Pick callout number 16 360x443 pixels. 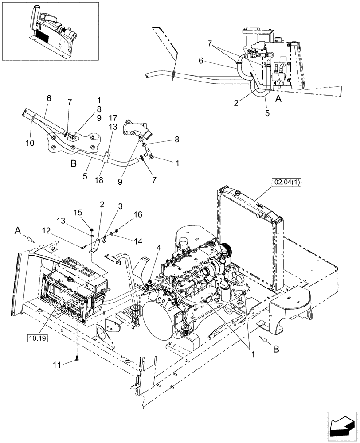138,214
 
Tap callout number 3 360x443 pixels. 120,206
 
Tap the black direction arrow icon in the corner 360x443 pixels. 342,428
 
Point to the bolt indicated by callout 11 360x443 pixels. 77,354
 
